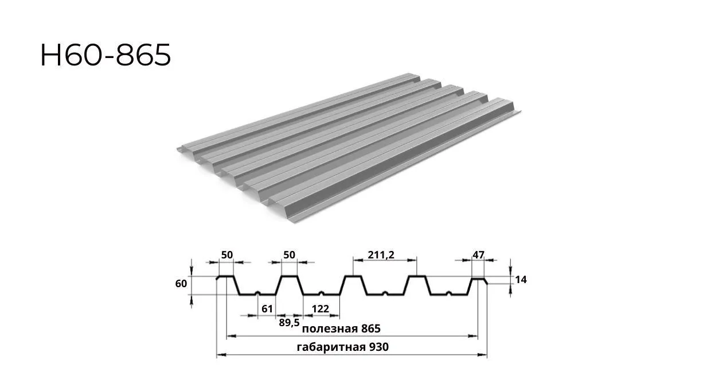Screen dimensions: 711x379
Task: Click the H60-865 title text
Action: point(106,55)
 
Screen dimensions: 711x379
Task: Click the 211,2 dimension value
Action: point(381,255)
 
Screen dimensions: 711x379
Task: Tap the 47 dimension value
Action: point(478,255)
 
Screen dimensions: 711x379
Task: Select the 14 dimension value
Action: point(521,280)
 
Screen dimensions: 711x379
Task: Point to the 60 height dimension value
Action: point(181,284)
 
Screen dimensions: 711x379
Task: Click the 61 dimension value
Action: point(267,309)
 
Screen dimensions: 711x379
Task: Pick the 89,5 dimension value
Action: point(289,323)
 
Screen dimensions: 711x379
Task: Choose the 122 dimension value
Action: point(321,309)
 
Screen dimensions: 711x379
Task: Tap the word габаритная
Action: point(331,347)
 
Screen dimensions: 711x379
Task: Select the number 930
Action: point(378,347)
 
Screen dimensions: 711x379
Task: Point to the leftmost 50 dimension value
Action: point(227,255)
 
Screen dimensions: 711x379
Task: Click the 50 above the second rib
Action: point(289,255)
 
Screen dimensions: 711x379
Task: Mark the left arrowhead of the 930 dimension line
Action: point(221,354)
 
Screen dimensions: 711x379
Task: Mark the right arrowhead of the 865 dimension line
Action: point(473,336)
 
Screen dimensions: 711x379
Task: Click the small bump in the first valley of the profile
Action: point(258,293)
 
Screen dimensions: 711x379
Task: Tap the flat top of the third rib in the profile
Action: point(353,276)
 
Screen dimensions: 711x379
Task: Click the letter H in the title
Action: point(51,55)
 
